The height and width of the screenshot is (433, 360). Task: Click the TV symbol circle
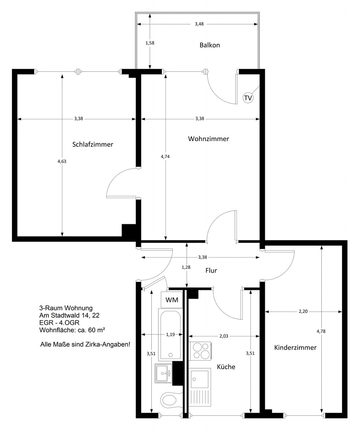pyautogui.click(x=248, y=98)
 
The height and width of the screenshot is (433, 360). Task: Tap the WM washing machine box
pyautogui.click(x=172, y=300)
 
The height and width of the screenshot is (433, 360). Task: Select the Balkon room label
pyautogui.click(x=209, y=45)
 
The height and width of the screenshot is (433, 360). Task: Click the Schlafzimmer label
pyautogui.click(x=93, y=144)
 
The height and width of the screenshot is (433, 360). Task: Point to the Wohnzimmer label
pyautogui.click(x=209, y=139)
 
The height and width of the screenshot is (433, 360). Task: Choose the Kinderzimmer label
pyautogui.click(x=295, y=347)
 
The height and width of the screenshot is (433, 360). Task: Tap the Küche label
pyautogui.click(x=226, y=367)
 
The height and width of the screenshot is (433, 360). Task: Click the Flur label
pyautogui.click(x=211, y=271)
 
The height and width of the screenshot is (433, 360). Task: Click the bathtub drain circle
pyautogui.click(x=170, y=355)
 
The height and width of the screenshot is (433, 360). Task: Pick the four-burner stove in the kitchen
pyautogui.click(x=200, y=351)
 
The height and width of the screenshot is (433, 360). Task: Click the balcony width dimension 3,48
pyautogui.click(x=199, y=24)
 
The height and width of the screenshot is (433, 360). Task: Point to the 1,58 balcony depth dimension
pyautogui.click(x=150, y=43)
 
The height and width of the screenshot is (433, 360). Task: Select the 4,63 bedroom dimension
pyautogui.click(x=62, y=161)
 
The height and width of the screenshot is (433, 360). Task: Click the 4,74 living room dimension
pyautogui.click(x=165, y=157)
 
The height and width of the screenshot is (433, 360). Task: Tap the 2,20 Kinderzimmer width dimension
pyautogui.click(x=303, y=311)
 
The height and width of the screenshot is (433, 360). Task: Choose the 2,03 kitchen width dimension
pyautogui.click(x=224, y=336)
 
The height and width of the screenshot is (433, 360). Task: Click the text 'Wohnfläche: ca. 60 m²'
pyautogui.click(x=72, y=330)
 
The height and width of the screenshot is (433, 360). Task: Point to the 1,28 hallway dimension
pyautogui.click(x=186, y=267)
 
